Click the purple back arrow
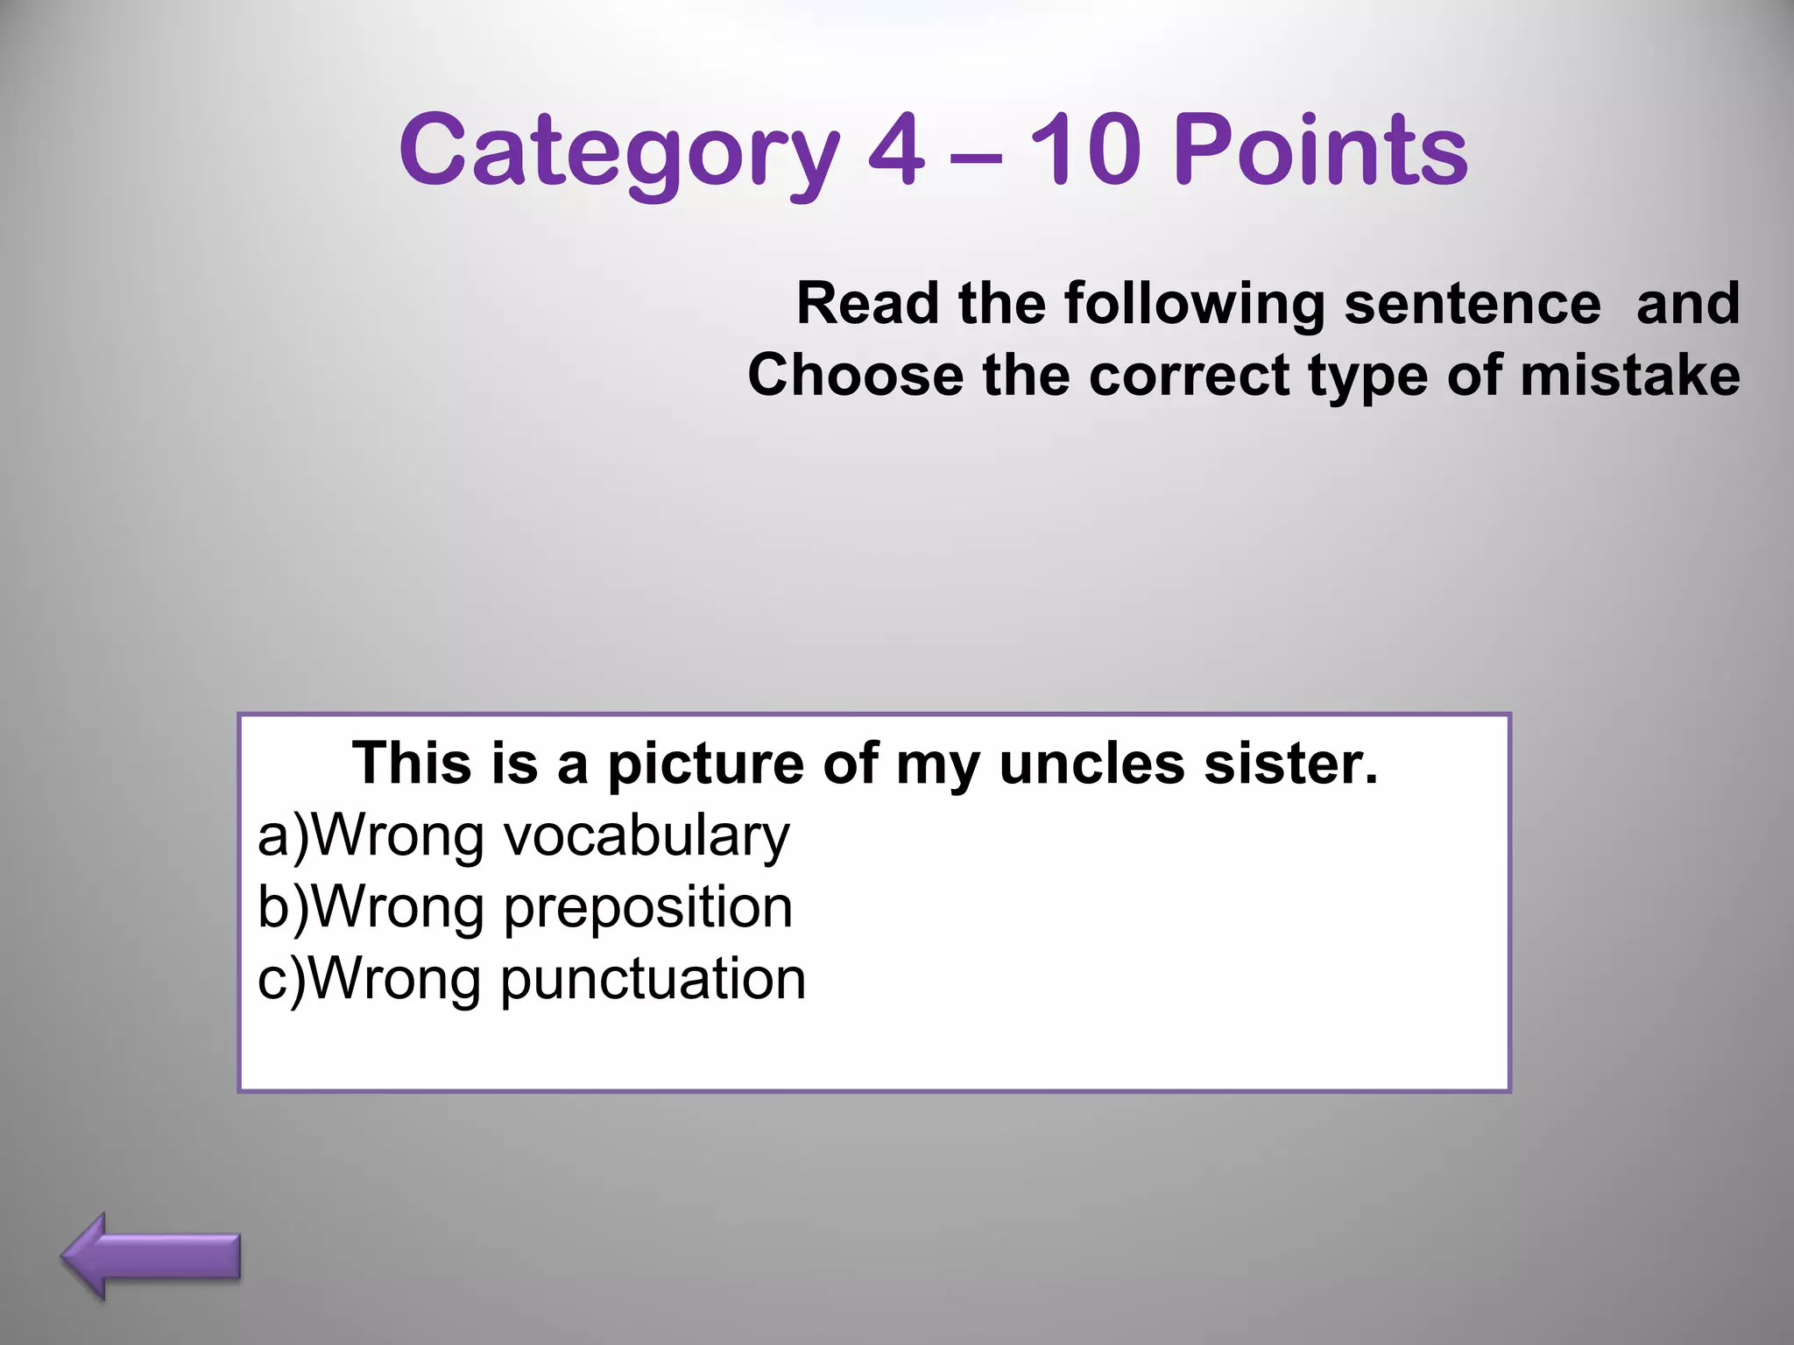click(x=151, y=1257)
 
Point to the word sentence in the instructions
click(x=1473, y=304)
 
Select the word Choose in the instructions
click(x=855, y=376)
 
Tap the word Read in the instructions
click(x=867, y=304)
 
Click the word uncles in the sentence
click(x=1091, y=764)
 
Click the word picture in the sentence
click(x=705, y=765)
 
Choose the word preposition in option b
click(x=648, y=909)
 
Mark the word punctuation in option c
click(x=653, y=981)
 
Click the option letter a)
click(x=283, y=836)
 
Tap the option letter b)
click(x=283, y=907)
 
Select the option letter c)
click(x=281, y=979)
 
